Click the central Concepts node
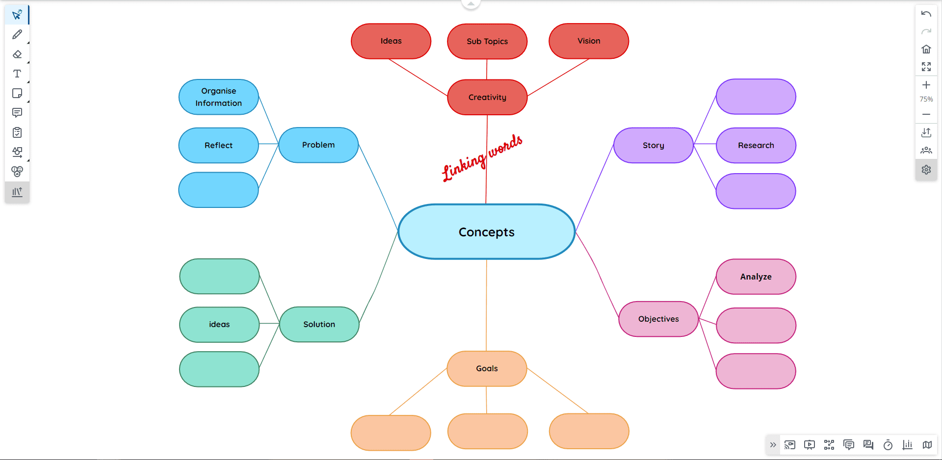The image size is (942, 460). [486, 231]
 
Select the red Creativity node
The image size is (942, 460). [487, 97]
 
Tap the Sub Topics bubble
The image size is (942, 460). [487, 41]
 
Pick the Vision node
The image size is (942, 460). [589, 41]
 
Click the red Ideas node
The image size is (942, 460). [391, 41]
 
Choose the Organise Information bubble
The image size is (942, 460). [218, 97]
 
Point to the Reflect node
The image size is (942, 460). [218, 145]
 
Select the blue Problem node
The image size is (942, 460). [318, 145]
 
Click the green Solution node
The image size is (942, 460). [319, 324]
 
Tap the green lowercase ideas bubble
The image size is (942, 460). [219, 324]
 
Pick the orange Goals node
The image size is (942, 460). [487, 368]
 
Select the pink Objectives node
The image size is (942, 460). [658, 319]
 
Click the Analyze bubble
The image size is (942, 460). [756, 277]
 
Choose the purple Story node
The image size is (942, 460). [653, 145]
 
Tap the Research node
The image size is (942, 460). [756, 145]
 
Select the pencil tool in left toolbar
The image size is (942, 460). [17, 34]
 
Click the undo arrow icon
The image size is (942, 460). [926, 14]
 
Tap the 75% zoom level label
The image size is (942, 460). [926, 99]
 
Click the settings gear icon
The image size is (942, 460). [926, 170]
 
